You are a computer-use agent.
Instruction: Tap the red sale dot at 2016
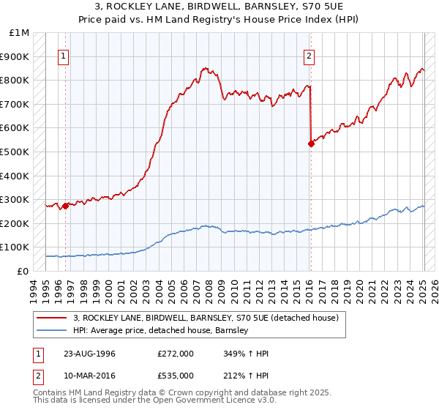[311, 143]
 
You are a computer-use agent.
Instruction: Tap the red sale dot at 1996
[66, 206]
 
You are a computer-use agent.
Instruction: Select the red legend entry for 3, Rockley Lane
[206, 318]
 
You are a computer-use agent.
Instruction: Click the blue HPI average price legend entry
[161, 330]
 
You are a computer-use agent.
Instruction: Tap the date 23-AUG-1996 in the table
[89, 353]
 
